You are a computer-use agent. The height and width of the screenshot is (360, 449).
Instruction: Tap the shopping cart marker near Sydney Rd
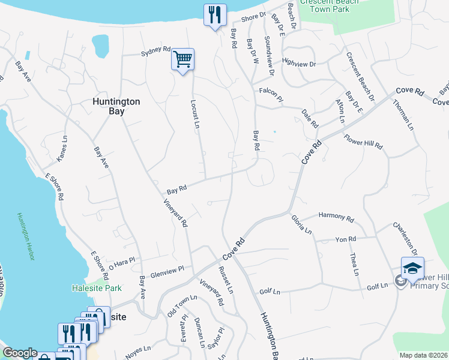point(182,59)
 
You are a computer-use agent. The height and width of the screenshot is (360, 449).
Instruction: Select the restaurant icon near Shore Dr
point(214,15)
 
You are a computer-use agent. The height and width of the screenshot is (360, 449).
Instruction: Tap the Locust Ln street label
point(195,114)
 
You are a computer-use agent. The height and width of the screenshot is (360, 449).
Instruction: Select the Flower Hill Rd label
point(363,142)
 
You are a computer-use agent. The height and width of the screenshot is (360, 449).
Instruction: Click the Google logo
point(20,353)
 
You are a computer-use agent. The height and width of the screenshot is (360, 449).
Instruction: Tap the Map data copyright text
point(423,355)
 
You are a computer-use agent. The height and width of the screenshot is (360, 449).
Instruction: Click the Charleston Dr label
point(406,238)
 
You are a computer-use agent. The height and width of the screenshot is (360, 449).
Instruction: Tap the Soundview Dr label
point(268,56)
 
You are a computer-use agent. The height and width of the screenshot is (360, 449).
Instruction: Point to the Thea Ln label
point(354,264)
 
